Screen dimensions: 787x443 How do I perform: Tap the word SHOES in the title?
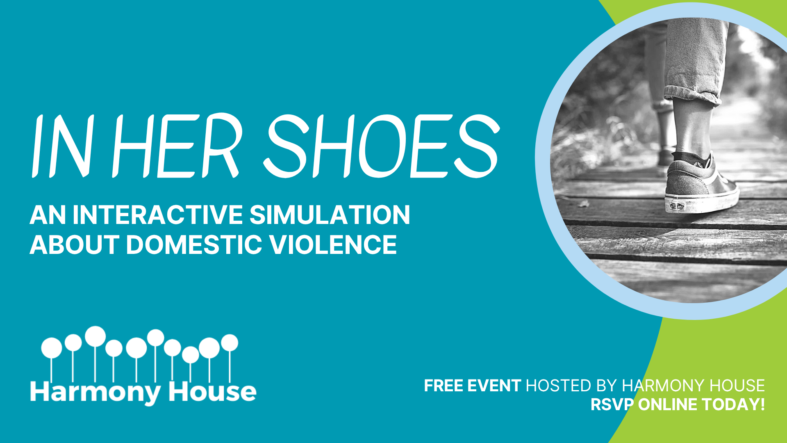(x=382, y=146)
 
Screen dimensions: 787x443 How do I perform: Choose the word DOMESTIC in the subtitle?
(x=194, y=244)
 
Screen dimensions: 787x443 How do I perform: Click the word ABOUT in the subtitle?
(x=75, y=244)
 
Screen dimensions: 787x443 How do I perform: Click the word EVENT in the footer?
(x=494, y=386)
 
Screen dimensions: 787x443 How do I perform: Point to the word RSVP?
(x=612, y=404)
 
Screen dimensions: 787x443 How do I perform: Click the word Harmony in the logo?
(x=96, y=393)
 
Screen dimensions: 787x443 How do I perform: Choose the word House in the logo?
(x=212, y=391)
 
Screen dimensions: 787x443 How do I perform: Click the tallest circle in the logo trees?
(x=96, y=336)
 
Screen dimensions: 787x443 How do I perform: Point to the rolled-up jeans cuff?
(x=693, y=95)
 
